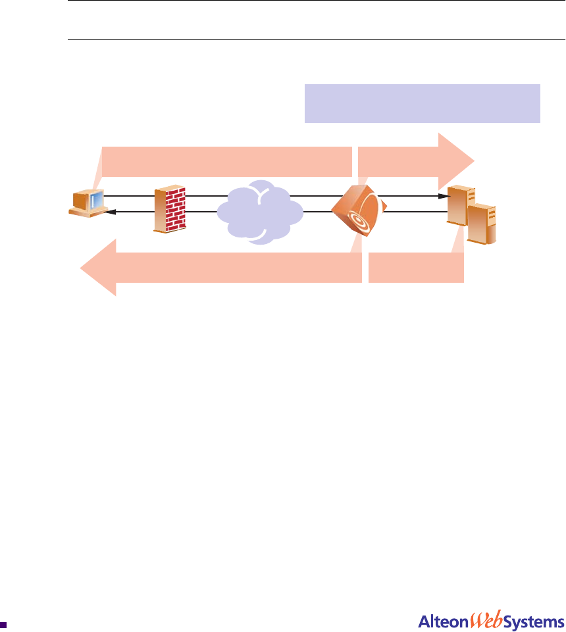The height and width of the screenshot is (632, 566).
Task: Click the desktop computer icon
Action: tap(87, 203)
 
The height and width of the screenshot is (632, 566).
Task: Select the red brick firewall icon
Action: tap(169, 209)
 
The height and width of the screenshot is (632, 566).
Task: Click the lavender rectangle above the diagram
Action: tap(422, 103)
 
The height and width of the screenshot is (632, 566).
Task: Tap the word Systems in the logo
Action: tap(534, 621)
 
